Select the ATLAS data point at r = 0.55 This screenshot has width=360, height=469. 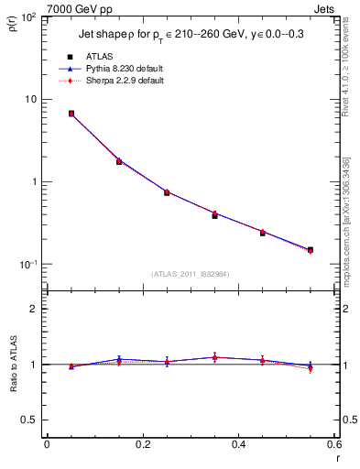(x=310, y=249)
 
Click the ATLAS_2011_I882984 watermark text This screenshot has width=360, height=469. (x=190, y=273)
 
